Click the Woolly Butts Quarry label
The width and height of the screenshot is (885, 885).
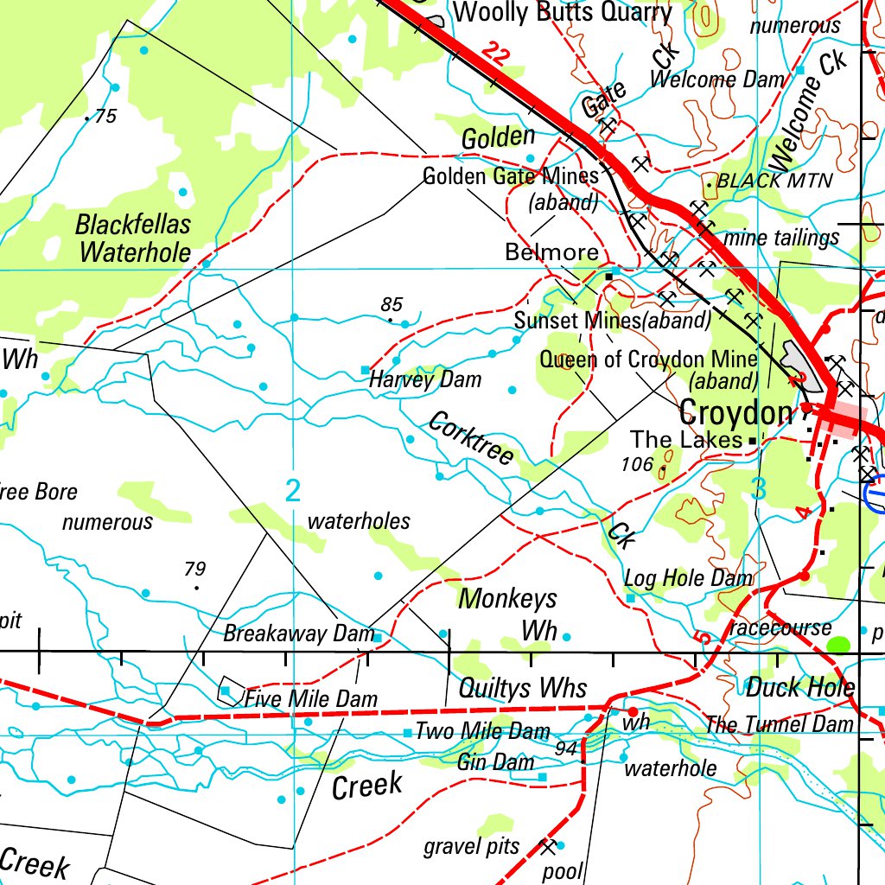tap(562, 13)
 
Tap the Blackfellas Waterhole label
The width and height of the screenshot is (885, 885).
tap(133, 239)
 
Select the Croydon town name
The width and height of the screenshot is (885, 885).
tap(735, 413)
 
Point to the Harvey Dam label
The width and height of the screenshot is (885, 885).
tap(425, 379)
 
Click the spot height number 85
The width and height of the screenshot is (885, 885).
tap(392, 304)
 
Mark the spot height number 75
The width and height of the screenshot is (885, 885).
tap(105, 117)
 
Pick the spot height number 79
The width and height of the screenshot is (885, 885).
tap(195, 569)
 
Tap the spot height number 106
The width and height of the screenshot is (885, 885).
tap(637, 464)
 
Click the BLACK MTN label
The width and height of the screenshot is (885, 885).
tap(774, 181)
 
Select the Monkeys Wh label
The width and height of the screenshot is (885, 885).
tap(509, 613)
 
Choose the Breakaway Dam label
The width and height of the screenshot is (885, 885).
tap(298, 634)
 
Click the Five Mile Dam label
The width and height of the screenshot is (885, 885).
tap(310, 697)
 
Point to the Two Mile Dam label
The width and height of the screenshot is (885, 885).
tap(482, 732)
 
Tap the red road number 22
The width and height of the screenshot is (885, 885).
tap(493, 54)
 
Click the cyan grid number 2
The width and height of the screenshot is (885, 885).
tap(293, 492)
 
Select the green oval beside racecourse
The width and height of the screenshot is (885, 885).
tap(838, 645)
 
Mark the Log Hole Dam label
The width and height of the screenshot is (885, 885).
tap(688, 578)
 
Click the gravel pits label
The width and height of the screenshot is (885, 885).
tap(471, 846)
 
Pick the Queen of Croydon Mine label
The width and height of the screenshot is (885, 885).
tap(648, 359)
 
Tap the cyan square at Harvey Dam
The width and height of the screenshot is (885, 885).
tap(365, 370)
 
